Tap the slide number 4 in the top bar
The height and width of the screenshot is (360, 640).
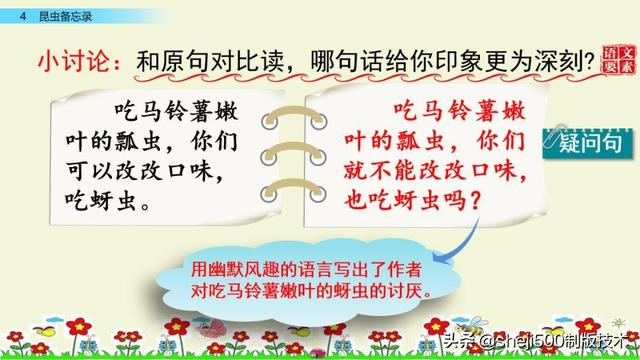[23, 16]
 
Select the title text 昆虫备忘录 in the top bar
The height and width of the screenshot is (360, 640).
[65, 16]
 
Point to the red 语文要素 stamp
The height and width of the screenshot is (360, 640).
[619, 60]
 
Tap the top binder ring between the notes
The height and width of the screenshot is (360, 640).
[294, 117]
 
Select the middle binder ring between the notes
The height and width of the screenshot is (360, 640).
[294, 153]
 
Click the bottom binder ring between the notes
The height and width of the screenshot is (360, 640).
[294, 190]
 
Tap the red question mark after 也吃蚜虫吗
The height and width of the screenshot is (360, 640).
[476, 201]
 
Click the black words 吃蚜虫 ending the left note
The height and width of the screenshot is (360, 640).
[100, 201]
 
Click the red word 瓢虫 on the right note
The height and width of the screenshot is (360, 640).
[420, 141]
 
